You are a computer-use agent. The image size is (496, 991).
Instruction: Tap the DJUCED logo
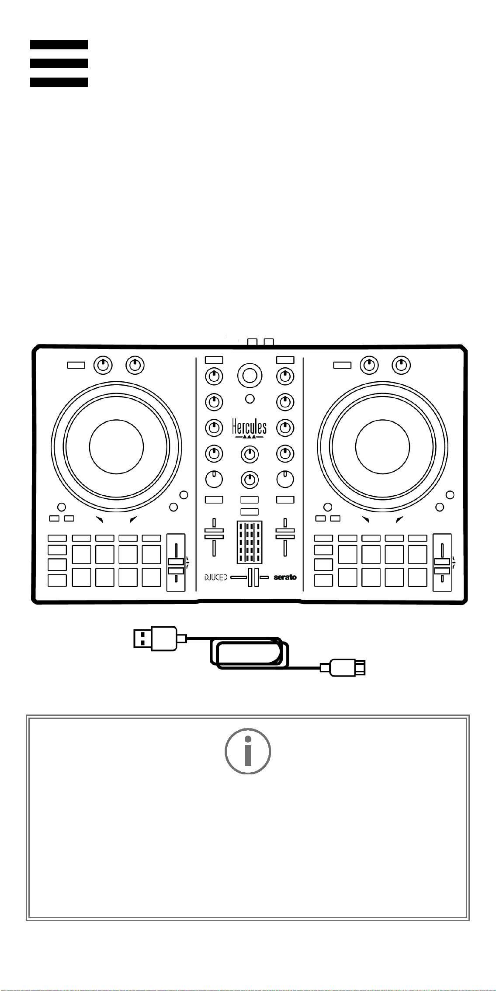tap(216, 577)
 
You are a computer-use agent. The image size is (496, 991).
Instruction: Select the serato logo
tap(285, 577)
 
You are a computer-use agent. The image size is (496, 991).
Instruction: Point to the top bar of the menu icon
tap(59, 45)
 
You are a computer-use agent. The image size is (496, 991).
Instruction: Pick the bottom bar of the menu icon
tap(59, 82)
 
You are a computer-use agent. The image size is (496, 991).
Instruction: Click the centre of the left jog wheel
tap(116, 447)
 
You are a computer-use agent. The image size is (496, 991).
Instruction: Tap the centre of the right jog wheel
tap(383, 447)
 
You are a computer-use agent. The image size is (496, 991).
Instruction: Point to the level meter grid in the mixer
tap(250, 542)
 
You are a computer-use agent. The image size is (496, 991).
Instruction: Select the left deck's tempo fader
tap(176, 563)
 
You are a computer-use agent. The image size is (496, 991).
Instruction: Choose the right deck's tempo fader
tap(442, 563)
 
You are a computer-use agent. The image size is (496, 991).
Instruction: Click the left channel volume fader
tap(214, 537)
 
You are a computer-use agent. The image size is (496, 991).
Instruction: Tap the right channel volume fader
tap(285, 537)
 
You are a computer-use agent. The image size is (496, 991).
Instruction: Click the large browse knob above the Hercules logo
tap(250, 375)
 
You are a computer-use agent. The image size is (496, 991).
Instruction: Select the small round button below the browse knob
tap(250, 399)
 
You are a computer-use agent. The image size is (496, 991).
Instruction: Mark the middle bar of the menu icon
tap(59, 63)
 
